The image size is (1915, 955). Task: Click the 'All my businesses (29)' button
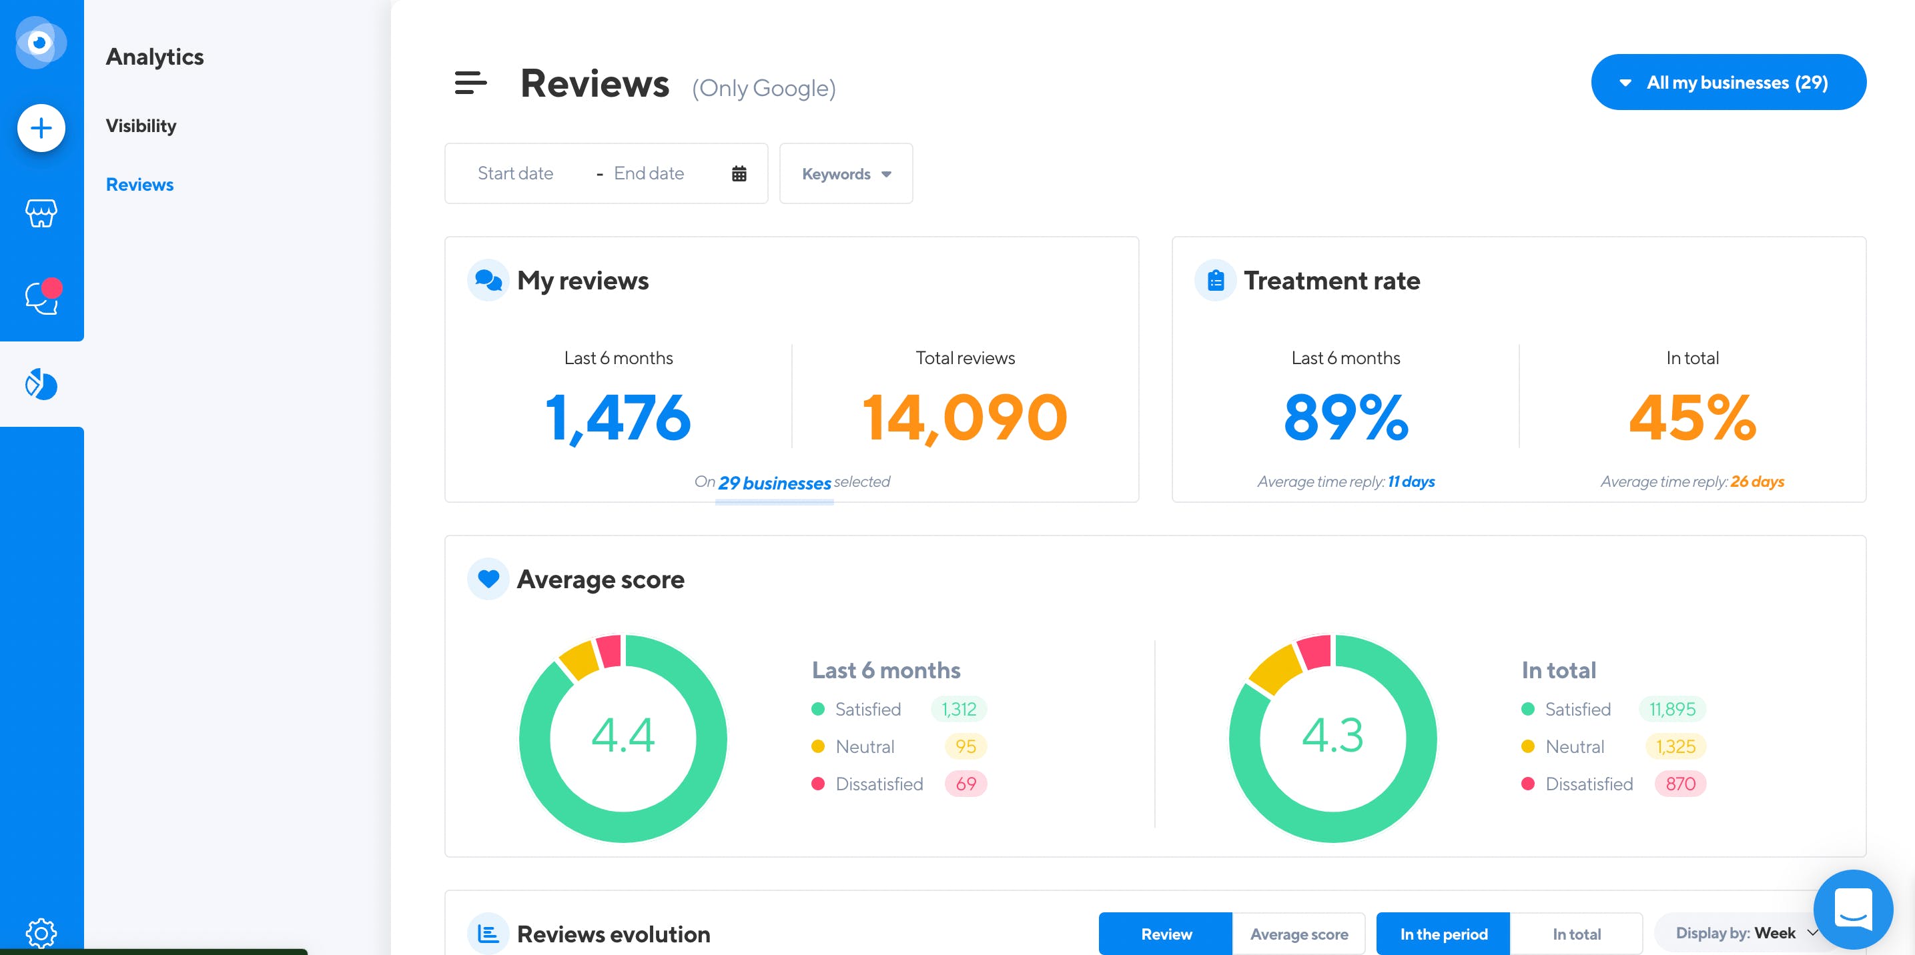click(x=1728, y=82)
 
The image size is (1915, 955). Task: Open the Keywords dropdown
click(x=845, y=174)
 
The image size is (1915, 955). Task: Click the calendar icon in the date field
click(x=738, y=174)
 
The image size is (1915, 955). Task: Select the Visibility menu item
click(x=141, y=125)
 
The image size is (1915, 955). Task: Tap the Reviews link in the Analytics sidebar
click(x=139, y=184)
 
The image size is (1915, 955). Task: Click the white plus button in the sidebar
click(x=41, y=128)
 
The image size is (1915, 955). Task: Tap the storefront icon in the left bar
click(x=41, y=213)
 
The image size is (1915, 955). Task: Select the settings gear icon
click(x=41, y=933)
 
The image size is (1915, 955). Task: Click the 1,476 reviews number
click(x=619, y=417)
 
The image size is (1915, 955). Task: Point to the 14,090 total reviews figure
click(x=965, y=417)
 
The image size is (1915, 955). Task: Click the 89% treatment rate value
click(x=1346, y=417)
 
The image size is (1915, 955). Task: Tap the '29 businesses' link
click(x=774, y=483)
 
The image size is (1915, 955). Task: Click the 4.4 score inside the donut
click(x=623, y=736)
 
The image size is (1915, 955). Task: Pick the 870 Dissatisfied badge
click(x=1680, y=784)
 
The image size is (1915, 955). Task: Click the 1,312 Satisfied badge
click(x=959, y=710)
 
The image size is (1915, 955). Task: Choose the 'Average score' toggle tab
click(x=1298, y=934)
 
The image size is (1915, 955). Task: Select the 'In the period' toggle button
click(x=1444, y=934)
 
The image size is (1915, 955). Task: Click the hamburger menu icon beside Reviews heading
click(x=470, y=83)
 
